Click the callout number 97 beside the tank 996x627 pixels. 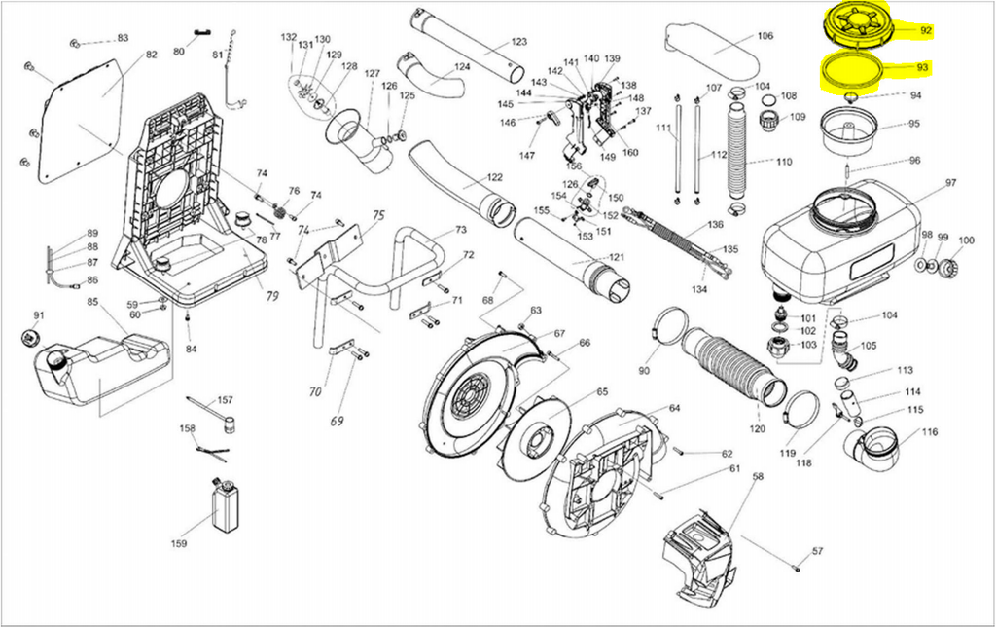coord(950,183)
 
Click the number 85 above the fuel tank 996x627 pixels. coord(93,303)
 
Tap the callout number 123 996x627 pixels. coord(518,42)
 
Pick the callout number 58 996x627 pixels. coord(759,477)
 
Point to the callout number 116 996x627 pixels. coord(930,431)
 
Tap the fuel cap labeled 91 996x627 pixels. coord(29,338)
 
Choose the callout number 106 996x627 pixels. coord(765,36)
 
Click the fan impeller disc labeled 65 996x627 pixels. coord(539,434)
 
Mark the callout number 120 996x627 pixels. coord(758,428)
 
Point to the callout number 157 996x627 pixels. coord(225,400)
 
